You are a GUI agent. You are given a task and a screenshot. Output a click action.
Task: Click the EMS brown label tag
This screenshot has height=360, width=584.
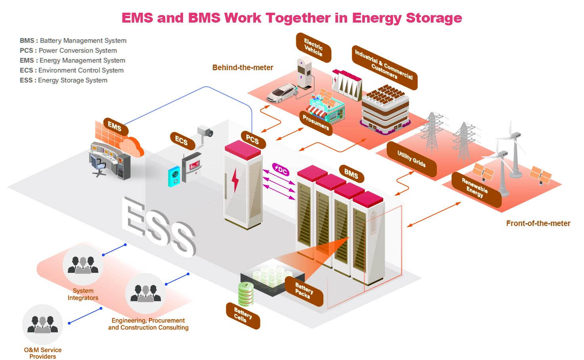[115, 126]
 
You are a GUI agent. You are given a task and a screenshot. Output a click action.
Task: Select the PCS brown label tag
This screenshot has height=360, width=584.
[252, 140]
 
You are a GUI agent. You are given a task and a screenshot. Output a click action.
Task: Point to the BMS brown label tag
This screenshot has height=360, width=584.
[351, 173]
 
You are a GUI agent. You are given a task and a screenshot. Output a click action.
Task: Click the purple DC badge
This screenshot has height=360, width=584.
[281, 170]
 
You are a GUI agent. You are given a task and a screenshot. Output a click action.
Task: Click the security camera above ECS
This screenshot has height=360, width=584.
[206, 132]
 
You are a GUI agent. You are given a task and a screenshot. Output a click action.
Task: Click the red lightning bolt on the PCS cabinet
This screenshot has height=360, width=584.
[235, 180]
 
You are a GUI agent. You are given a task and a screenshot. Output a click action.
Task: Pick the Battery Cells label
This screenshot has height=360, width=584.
[243, 316]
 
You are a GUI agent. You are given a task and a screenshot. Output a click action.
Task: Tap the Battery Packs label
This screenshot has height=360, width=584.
[304, 291]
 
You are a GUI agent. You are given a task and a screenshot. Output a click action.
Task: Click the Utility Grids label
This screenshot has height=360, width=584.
[411, 159]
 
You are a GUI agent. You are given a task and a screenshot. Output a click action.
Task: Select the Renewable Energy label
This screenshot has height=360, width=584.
[475, 188]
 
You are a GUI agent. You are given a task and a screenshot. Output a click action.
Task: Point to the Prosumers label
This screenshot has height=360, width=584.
[316, 122]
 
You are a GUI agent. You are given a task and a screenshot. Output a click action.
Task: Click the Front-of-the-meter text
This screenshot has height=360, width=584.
[538, 223]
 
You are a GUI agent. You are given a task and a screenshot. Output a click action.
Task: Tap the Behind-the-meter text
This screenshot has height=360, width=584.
[242, 67]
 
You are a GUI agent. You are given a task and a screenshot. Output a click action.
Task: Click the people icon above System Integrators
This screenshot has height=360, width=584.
[83, 265]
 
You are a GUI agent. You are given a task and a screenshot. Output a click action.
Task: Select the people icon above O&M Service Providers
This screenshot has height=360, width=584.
[42, 324]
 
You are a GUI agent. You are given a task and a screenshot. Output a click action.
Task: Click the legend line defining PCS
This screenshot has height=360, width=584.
[68, 50]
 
